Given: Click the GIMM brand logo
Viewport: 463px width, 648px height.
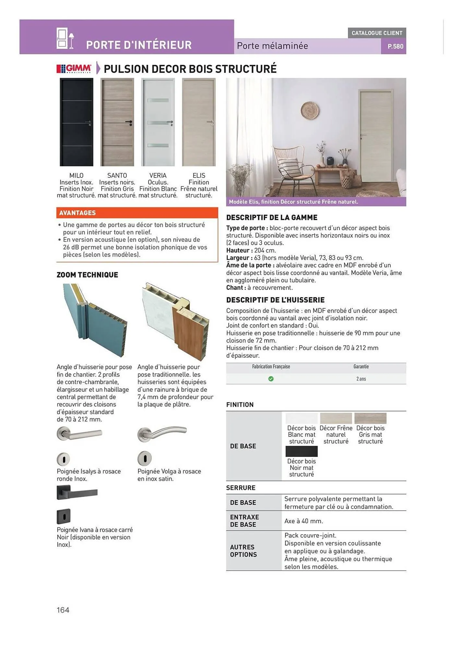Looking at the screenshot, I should (x=74, y=69).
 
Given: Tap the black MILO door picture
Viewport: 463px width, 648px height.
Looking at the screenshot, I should (x=77, y=122).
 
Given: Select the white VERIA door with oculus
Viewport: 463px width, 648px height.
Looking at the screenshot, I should (x=158, y=122).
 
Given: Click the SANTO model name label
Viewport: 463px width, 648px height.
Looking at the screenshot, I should (x=117, y=176).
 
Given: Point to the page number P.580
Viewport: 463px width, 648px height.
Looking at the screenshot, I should (x=395, y=46).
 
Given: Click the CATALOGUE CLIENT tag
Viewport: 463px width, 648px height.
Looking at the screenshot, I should (x=377, y=33).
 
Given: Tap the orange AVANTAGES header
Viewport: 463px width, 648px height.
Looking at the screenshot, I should (x=137, y=213).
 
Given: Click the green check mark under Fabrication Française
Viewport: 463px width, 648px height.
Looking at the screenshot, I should (x=271, y=379).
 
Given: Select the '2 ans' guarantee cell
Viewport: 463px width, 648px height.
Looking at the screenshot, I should (x=361, y=379).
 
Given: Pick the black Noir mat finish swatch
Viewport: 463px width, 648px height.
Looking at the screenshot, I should (x=302, y=451).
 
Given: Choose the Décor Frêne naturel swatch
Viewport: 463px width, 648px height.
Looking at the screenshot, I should (x=336, y=418).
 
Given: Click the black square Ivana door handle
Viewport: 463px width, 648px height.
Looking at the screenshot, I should (x=77, y=493).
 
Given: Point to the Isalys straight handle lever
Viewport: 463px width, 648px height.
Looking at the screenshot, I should (x=80, y=434).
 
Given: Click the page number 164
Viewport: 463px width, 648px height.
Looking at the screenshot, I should (x=63, y=610).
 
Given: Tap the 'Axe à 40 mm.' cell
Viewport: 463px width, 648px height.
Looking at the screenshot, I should (x=304, y=521).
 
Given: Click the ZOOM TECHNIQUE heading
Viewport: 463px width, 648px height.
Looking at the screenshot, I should (x=87, y=275).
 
